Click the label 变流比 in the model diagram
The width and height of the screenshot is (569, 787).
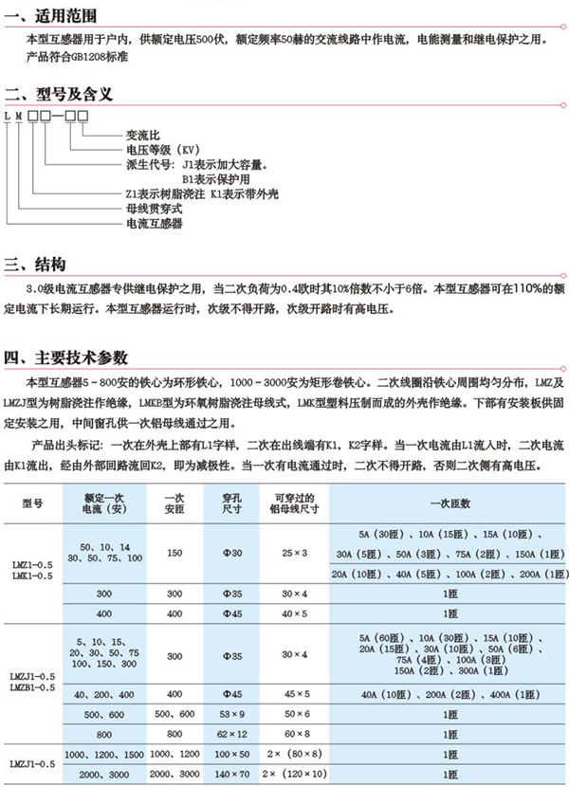(x=143, y=136)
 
